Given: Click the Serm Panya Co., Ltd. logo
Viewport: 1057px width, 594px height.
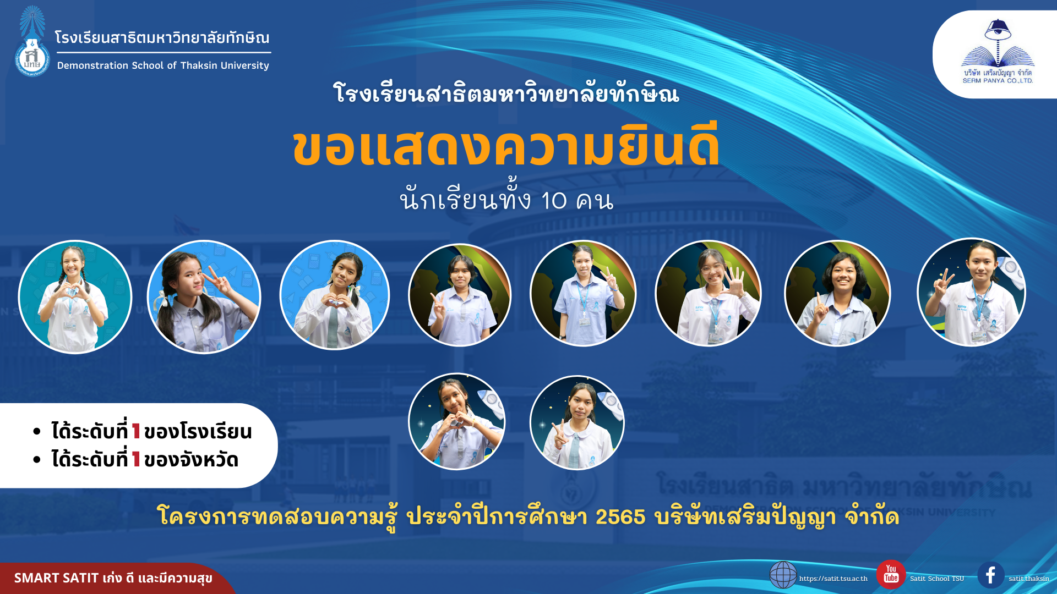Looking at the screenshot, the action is [x=998, y=52].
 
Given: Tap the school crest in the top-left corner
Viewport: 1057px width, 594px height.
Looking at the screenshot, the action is [x=32, y=41].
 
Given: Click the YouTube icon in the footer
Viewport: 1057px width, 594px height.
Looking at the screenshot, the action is [x=891, y=575].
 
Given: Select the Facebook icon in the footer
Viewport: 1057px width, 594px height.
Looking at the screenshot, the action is [x=991, y=575].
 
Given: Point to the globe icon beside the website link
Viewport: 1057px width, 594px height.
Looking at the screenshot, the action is [x=783, y=575].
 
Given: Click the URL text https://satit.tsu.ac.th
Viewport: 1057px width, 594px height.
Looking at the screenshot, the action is [x=833, y=579].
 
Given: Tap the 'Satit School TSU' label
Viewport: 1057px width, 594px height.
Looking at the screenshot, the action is [x=937, y=579].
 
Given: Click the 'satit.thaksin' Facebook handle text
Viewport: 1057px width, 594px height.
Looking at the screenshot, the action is [x=1029, y=579].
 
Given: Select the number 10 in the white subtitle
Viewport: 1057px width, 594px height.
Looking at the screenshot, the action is [x=554, y=201].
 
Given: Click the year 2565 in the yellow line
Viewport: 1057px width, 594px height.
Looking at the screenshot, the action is [x=620, y=517].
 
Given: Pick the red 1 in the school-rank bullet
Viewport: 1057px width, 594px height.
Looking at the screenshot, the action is [x=136, y=432].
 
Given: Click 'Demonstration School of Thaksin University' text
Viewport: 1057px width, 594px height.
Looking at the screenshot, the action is [x=163, y=65].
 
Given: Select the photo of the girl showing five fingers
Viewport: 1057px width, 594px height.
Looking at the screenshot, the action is [x=708, y=293].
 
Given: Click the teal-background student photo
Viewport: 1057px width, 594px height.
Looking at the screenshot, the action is [x=75, y=297].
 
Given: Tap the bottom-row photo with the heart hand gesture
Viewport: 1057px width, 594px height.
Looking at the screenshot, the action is [x=456, y=422].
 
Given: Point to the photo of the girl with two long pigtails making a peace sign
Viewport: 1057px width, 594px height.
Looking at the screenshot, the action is [x=204, y=297].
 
